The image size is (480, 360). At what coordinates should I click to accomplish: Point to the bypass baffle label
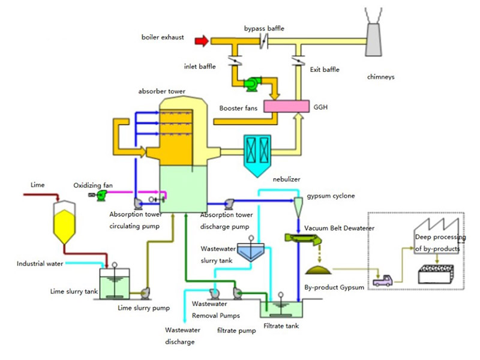[x=265, y=28]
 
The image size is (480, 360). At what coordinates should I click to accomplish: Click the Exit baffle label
[x=325, y=70]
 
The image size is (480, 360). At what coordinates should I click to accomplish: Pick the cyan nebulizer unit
[x=259, y=153]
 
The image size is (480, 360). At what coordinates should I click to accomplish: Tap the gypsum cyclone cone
[x=298, y=208]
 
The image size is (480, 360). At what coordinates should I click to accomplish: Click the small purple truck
[x=382, y=279]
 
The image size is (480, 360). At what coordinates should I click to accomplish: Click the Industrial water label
[x=40, y=263]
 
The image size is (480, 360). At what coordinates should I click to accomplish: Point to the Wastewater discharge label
[x=180, y=335]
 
